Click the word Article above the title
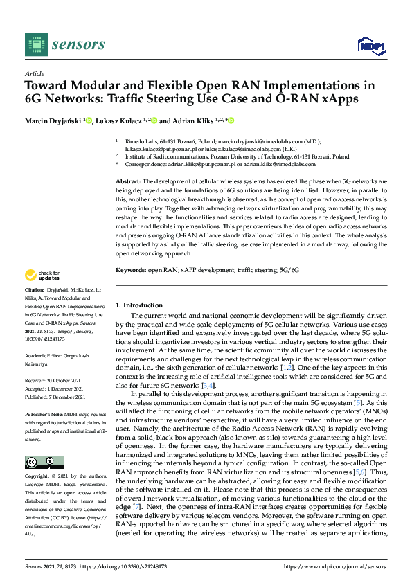34,73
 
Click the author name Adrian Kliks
192,120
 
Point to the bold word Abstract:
129,180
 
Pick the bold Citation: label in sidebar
35,289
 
